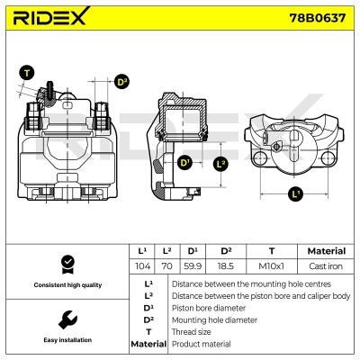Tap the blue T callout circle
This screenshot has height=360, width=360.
point(26,73)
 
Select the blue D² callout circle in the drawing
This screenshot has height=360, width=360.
point(122,83)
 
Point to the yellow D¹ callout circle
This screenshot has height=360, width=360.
point(184,163)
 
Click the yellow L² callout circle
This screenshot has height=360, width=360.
point(220,164)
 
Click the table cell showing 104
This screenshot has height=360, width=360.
point(142,266)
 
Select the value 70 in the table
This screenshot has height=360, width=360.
point(167,266)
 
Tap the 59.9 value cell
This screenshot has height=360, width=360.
point(193,266)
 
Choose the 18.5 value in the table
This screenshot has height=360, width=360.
point(227,266)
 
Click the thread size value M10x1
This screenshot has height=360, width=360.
point(270,266)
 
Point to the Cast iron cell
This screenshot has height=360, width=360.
point(326,266)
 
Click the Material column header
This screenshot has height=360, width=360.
point(326,251)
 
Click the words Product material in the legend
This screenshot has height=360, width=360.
point(201,344)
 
